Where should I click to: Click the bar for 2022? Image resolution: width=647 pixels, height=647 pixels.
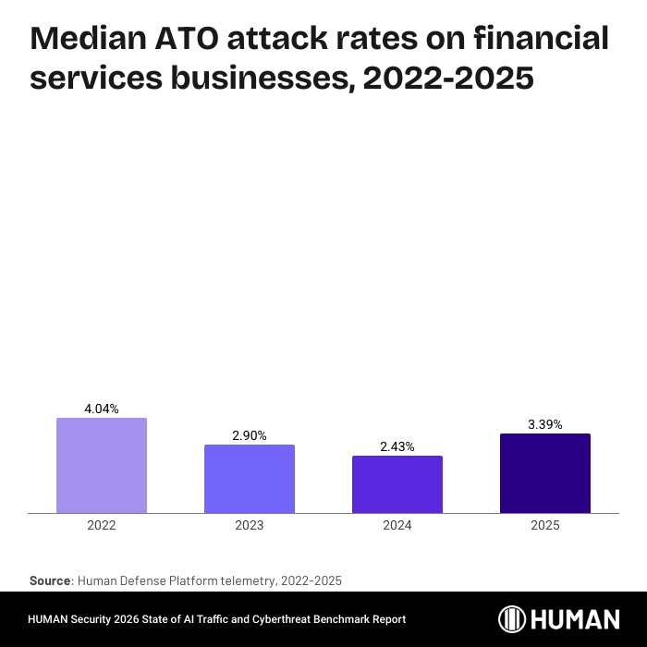(x=102, y=465)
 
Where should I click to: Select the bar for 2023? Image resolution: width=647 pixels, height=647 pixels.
(x=250, y=479)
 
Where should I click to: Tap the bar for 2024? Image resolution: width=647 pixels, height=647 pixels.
(x=397, y=484)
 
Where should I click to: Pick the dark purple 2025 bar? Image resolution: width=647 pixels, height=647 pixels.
(x=545, y=473)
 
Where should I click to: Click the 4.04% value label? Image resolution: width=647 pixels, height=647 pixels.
(x=102, y=409)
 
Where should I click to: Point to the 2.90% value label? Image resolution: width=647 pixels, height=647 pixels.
(x=250, y=435)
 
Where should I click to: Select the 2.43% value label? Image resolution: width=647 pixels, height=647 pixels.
(x=397, y=446)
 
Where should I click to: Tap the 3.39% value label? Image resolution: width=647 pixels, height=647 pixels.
(x=545, y=424)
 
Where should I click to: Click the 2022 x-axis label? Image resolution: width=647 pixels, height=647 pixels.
(x=102, y=525)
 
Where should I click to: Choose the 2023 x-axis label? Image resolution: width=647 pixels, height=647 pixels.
(x=250, y=525)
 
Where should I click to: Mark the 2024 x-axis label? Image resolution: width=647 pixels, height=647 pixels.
(x=397, y=525)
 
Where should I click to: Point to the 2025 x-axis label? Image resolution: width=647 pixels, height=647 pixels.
(x=545, y=525)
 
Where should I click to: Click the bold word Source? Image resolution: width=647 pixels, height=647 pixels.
(x=50, y=580)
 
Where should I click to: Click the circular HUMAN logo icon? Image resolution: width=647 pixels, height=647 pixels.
(x=513, y=618)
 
